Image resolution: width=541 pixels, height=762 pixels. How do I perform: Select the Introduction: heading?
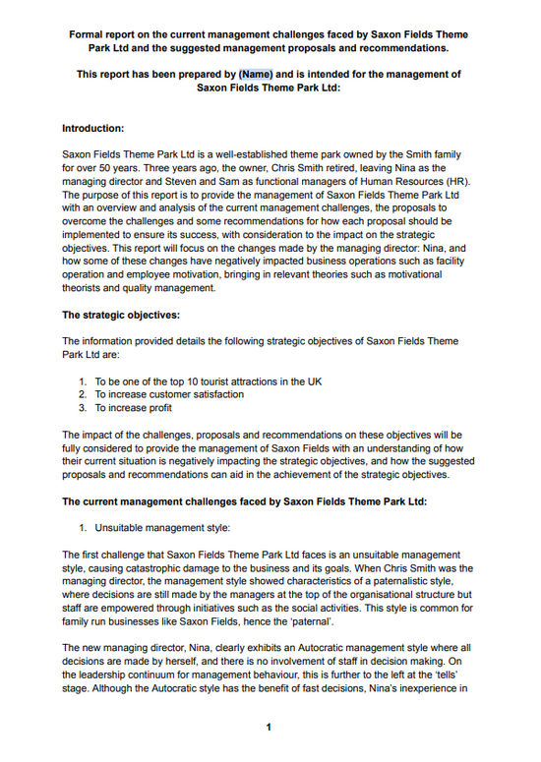92,128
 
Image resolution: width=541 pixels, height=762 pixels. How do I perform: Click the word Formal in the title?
88,33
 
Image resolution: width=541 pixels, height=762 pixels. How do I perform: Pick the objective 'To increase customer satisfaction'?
169,394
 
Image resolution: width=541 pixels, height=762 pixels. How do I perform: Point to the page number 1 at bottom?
268,728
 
